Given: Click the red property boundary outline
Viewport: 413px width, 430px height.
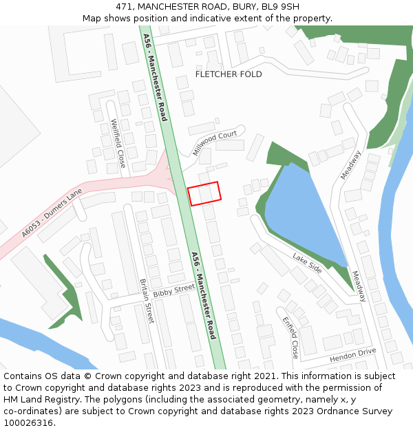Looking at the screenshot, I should point(204,193).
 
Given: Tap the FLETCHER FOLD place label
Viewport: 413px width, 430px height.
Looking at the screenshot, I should point(229,74).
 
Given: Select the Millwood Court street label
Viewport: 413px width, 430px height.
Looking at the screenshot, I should point(215,142).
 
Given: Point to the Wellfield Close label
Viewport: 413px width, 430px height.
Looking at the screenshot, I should point(118,144).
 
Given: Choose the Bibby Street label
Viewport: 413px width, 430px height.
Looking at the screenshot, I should point(174,291).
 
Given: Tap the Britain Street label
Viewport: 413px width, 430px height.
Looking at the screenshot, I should point(147,301).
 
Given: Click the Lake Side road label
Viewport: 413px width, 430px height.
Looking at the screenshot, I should point(307,262).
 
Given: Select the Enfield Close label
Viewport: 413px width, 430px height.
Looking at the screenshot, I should point(290,337).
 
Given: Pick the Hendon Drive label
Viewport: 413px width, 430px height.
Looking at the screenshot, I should point(352,355).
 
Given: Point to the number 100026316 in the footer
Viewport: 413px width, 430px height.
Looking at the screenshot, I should point(28,423).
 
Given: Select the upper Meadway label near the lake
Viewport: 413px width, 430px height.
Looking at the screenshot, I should point(351,165).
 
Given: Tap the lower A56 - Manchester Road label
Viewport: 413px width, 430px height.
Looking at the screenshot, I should point(204,295).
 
